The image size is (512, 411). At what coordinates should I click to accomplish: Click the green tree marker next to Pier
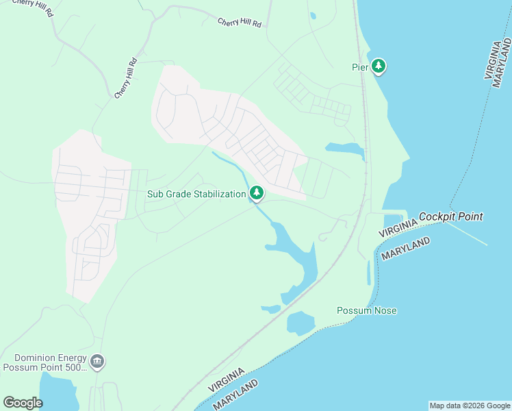coord(379,66)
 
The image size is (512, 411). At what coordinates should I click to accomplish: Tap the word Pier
coord(360,66)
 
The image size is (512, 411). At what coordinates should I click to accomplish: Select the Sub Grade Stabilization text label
coord(196,194)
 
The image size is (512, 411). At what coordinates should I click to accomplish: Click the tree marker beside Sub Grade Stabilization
coord(257,194)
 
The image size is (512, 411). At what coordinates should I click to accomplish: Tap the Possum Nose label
coord(366,310)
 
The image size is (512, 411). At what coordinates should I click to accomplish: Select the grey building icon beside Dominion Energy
coord(97,361)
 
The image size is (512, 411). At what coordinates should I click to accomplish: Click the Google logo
coord(23,402)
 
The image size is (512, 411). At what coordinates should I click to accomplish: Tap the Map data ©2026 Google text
coord(470,406)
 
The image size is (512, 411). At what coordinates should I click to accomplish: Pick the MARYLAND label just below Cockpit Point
coord(406,249)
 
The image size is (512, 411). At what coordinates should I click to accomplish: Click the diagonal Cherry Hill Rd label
coord(127,78)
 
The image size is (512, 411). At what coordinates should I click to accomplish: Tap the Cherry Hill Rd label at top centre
coord(239,23)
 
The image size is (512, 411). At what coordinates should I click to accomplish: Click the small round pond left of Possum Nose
coord(300,323)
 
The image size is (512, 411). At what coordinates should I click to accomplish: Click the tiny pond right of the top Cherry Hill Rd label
coord(312,15)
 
